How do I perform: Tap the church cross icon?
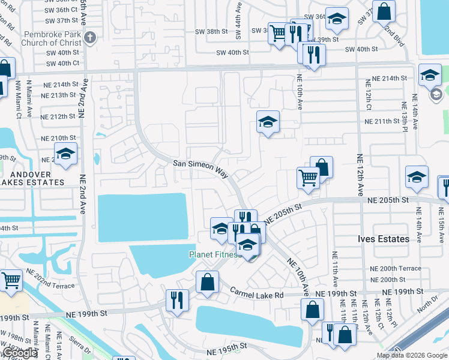90,38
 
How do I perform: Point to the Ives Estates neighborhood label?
386,239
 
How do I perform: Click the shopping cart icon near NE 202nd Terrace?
11,280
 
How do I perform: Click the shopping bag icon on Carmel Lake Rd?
207,282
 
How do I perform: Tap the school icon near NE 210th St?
65,154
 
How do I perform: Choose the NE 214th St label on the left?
60,84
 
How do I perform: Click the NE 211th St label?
382,121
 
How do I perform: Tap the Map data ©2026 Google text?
411,355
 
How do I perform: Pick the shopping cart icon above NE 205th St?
308,177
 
